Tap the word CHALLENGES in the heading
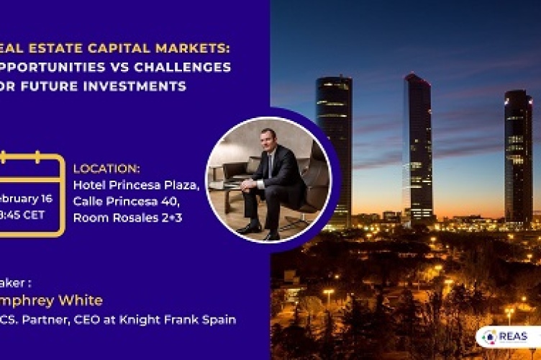(x=194, y=68)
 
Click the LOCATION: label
(x=106, y=168)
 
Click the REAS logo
(x=508, y=337)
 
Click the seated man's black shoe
(x=249, y=228)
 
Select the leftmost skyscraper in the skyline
(x=334, y=144)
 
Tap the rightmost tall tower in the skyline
(x=518, y=155)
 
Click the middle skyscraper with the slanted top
(x=418, y=144)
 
